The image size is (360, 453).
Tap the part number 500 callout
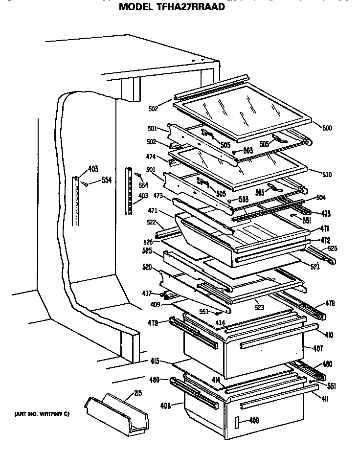327,128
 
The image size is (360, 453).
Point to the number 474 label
151,157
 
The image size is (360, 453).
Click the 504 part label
321,198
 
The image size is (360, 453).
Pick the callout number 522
151,223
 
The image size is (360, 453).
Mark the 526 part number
148,242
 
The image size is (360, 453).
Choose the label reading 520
147,268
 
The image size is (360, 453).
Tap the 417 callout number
147,294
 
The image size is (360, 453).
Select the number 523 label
259,309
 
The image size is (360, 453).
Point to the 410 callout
329,335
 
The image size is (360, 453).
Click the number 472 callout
325,240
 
